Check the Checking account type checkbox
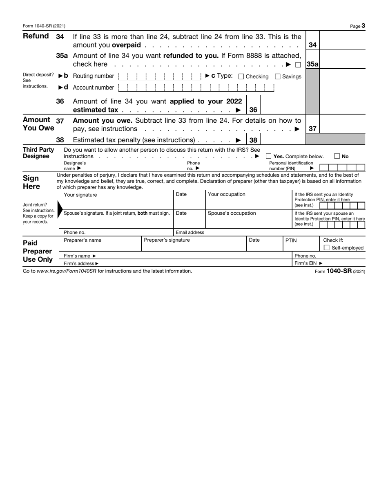pos(241,76)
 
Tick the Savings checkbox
pos(278,76)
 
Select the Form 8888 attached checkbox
pos(298,65)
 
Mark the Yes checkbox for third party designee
pos(269,156)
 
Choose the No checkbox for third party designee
pos(337,156)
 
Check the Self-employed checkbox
pos(326,248)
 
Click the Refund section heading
pos(36,36)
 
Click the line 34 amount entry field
pos(342,40)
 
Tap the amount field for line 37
pos(342,124)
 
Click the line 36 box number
pos(253,110)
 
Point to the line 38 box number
pos(253,140)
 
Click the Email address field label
pos(190,232)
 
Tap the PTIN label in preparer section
pos(291,240)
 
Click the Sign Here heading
pos(31,182)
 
